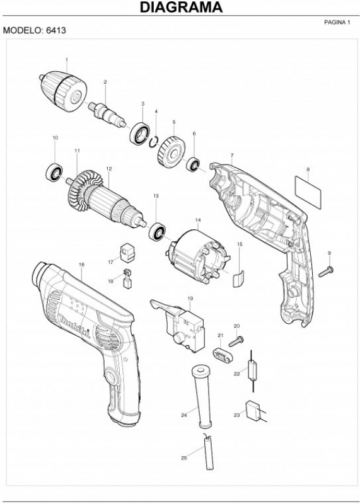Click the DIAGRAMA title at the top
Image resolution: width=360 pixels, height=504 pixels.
click(x=181, y=7)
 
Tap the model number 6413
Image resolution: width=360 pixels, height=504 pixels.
click(x=56, y=30)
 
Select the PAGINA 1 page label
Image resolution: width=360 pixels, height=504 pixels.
click(x=337, y=22)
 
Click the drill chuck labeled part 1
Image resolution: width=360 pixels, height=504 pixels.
click(x=64, y=91)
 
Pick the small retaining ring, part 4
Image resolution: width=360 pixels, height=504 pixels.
click(x=154, y=142)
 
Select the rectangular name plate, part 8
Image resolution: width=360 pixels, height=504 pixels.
click(x=308, y=192)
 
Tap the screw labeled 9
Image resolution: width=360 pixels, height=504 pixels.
click(x=326, y=272)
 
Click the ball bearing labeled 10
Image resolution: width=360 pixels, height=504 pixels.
click(x=54, y=172)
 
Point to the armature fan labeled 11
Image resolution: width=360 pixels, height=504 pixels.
click(x=81, y=191)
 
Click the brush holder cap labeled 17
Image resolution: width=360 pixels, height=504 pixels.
click(x=127, y=253)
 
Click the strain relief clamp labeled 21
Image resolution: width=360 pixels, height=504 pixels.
click(x=223, y=354)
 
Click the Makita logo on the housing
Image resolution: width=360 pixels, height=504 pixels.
click(x=74, y=326)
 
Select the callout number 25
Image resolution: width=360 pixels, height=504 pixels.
click(x=184, y=458)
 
